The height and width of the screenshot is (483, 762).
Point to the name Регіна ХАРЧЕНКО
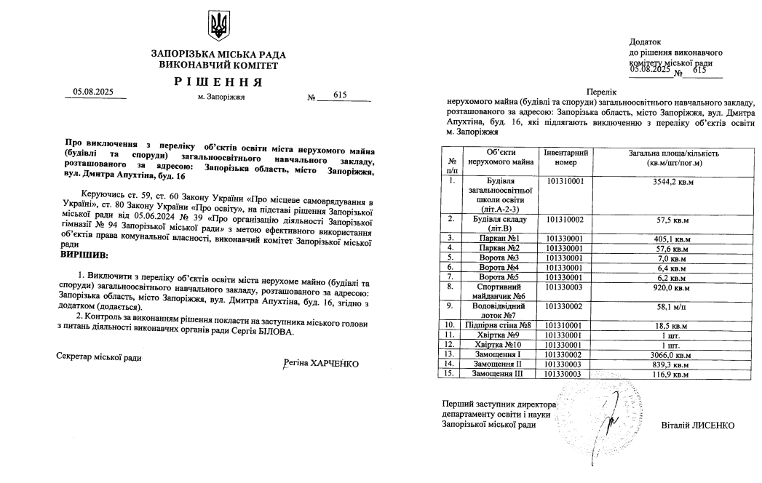(x=321, y=363)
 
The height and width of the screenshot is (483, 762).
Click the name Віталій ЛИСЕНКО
(x=698, y=425)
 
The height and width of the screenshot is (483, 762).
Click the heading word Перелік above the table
(x=602, y=93)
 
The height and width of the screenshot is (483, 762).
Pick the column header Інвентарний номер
(x=565, y=157)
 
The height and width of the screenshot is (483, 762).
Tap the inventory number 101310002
(x=565, y=218)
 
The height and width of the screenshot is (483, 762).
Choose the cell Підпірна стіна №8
(x=499, y=324)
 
